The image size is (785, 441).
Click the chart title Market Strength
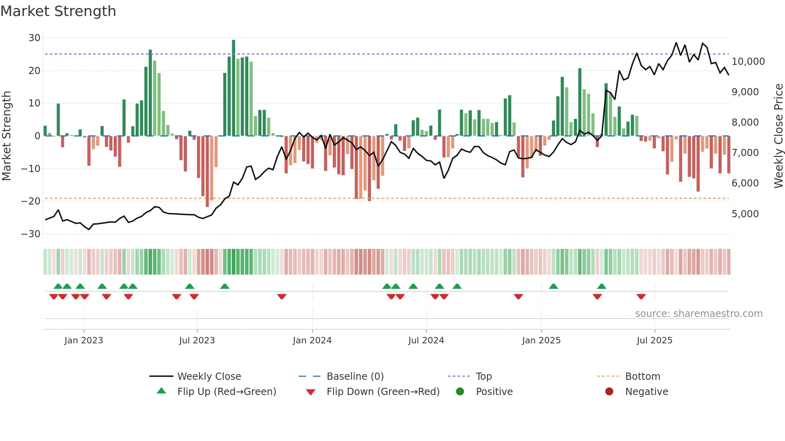click(x=58, y=11)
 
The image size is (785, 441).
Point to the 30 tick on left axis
click(x=34, y=38)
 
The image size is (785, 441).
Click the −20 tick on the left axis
click(x=31, y=201)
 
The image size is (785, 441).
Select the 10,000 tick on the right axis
click(x=748, y=62)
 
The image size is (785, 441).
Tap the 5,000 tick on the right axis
click(x=745, y=214)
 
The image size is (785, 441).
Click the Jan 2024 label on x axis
click(x=312, y=341)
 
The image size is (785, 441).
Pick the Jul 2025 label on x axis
click(x=654, y=341)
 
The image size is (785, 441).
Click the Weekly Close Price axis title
click(x=778, y=136)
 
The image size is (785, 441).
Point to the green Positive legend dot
click(x=460, y=392)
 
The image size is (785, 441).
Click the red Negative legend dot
click(x=609, y=392)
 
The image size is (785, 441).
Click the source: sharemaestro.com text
click(x=698, y=314)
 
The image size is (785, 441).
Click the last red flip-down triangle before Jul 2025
click(x=641, y=297)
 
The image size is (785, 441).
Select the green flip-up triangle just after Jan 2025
click(x=554, y=286)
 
